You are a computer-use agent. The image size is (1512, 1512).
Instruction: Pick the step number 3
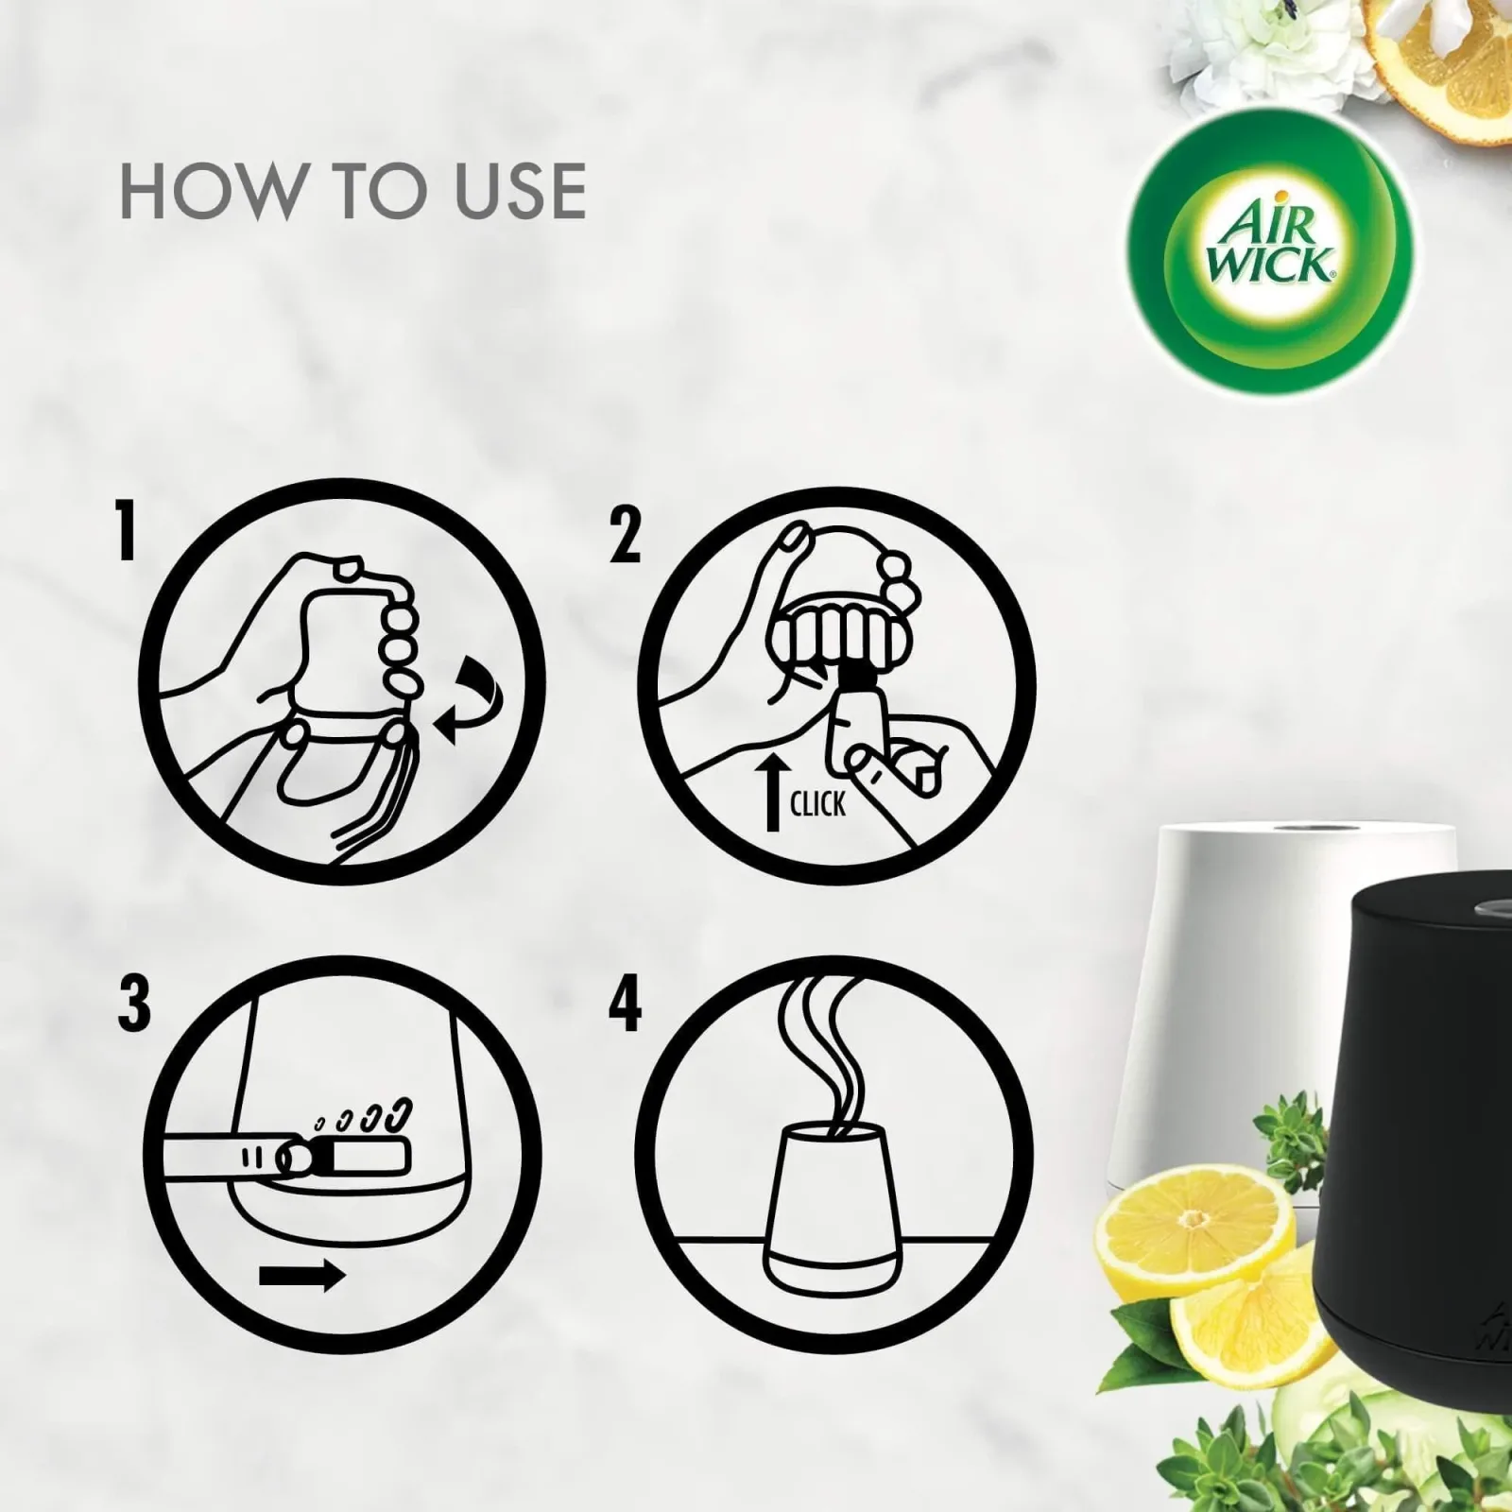[134, 1004]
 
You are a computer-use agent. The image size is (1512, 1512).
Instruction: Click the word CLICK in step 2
[817, 804]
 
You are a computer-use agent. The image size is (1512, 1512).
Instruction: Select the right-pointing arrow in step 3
[301, 1277]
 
